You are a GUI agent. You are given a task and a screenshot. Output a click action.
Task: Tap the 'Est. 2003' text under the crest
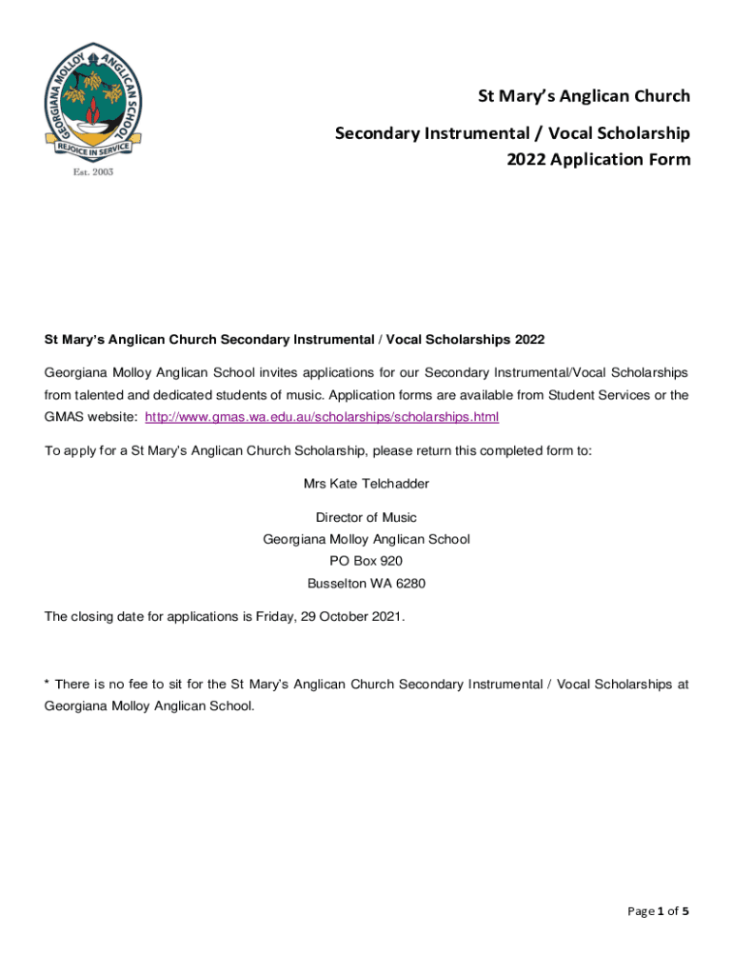coord(93,173)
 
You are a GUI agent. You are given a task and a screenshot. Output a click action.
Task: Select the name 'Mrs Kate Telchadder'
coord(366,484)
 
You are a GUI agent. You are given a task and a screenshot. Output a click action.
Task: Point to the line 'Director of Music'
coord(366,518)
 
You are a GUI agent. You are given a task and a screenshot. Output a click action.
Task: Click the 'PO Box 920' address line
coord(366,561)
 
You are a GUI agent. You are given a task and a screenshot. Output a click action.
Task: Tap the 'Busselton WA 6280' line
coord(366,583)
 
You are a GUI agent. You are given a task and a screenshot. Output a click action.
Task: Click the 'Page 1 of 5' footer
coord(658,910)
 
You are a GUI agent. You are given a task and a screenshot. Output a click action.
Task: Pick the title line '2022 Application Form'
coord(599,159)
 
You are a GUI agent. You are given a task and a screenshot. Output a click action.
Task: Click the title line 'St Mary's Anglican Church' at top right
coord(584,96)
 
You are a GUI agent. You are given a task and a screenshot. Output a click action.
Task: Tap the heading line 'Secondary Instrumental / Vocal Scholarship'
coord(512,133)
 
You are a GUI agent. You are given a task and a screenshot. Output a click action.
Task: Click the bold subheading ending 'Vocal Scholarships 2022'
coord(294,339)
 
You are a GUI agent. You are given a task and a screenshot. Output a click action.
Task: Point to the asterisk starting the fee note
coord(47,684)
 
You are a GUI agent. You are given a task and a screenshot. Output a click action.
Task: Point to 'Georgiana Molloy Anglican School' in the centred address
coord(366,539)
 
